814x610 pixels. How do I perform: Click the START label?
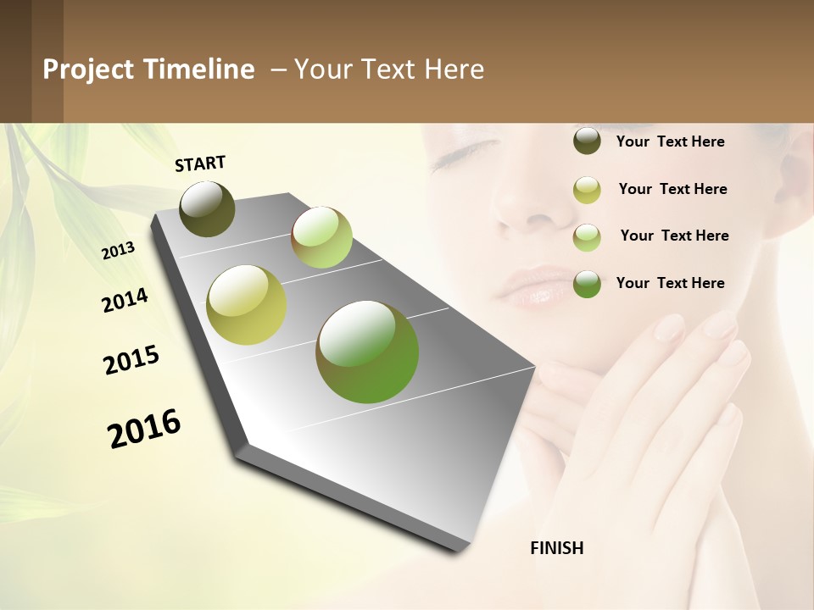[x=200, y=164]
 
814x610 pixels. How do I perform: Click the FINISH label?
[x=556, y=548]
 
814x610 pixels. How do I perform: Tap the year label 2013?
[x=119, y=251]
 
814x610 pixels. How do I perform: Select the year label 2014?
[x=125, y=300]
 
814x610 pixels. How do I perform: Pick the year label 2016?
[x=144, y=428]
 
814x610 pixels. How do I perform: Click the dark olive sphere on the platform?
[x=207, y=208]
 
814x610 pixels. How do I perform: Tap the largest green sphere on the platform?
[x=367, y=352]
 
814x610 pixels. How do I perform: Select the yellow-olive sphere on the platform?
[x=246, y=305]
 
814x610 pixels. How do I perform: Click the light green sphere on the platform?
[x=321, y=237]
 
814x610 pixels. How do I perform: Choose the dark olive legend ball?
[x=587, y=141]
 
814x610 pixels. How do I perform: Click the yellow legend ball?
[x=587, y=190]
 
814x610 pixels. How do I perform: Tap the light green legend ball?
[x=587, y=237]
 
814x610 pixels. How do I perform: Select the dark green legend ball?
[x=587, y=284]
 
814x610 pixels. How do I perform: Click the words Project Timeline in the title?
[x=148, y=69]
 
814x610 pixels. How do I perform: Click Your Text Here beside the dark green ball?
[x=670, y=283]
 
